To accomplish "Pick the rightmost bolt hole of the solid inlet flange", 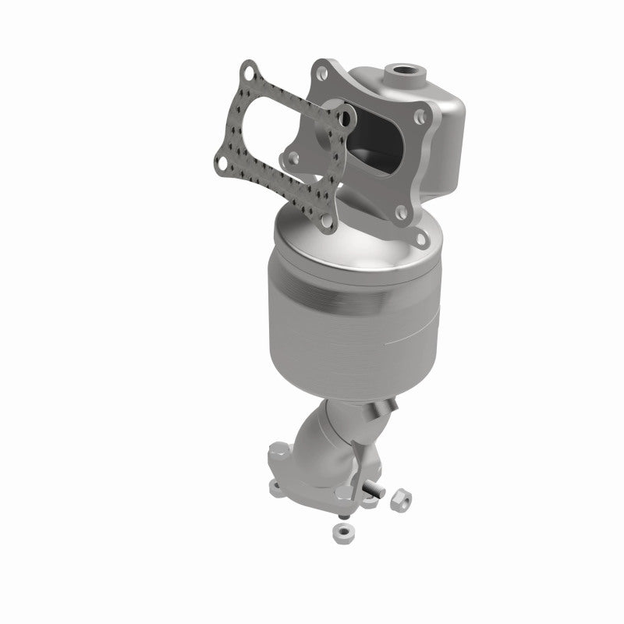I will (421, 119).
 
